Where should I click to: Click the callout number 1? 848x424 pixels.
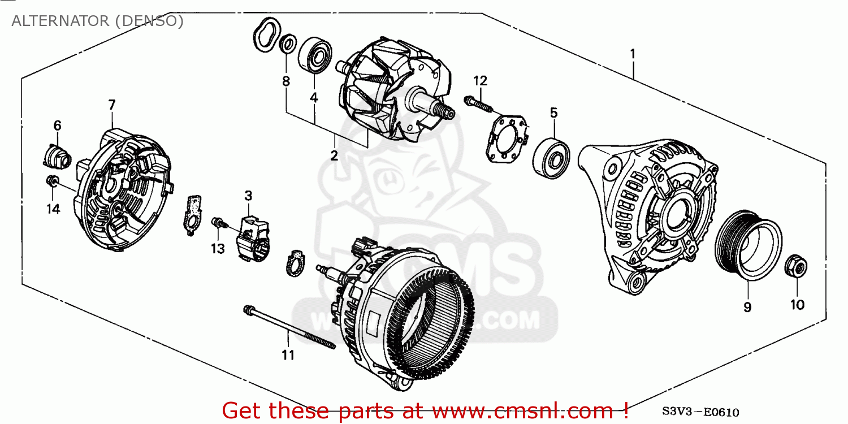633,54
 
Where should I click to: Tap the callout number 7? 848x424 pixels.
111,105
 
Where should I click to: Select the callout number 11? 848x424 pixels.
288,356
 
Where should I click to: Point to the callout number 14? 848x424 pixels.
53,209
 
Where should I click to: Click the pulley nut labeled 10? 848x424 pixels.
796,267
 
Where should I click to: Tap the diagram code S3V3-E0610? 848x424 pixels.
708,413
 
